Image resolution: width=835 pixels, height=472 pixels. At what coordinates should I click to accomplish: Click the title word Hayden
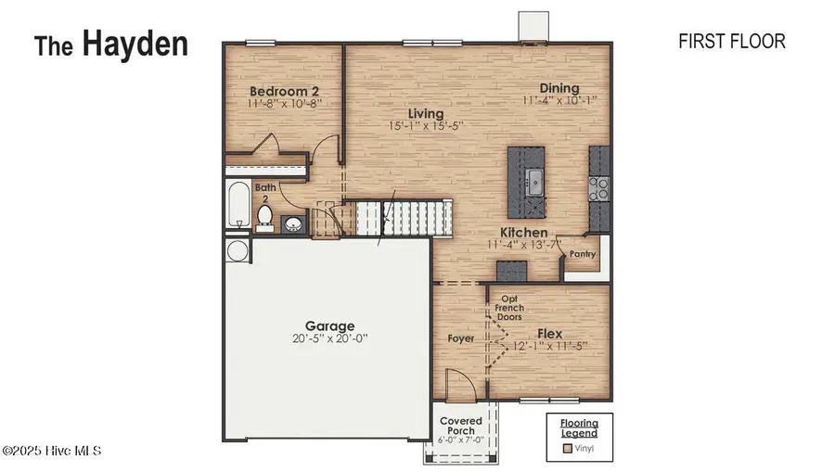[135, 44]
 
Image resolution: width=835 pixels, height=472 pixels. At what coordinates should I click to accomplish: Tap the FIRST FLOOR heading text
[732, 41]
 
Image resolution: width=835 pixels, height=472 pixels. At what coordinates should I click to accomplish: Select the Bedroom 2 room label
[285, 92]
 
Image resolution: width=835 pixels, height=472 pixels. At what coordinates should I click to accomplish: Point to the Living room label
[413, 114]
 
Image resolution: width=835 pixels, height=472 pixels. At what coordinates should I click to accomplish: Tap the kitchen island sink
[535, 180]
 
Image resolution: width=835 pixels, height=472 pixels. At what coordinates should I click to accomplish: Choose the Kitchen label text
[523, 233]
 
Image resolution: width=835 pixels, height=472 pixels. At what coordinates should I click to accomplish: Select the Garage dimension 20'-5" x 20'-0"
[329, 339]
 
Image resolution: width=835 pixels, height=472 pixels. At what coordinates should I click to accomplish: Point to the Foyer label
[460, 338]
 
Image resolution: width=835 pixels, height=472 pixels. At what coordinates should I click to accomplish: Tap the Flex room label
[551, 332]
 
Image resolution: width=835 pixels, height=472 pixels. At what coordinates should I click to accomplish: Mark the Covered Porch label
[461, 427]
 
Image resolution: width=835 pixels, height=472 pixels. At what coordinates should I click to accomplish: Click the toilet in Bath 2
[263, 217]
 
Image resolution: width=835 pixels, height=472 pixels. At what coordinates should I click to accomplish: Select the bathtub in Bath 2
[237, 205]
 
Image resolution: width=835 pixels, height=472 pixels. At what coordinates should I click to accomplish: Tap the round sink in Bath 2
[293, 223]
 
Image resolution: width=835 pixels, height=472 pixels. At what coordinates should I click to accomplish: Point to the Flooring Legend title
[578, 427]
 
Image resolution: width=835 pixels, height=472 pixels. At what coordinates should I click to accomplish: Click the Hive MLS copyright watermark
[51, 451]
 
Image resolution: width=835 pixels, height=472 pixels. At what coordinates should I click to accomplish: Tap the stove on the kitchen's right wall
[599, 189]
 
